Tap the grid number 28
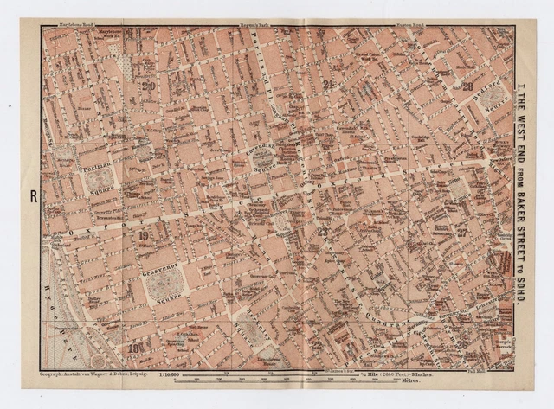pos(467,86)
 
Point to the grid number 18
pos(135,348)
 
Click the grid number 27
pos(463,233)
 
